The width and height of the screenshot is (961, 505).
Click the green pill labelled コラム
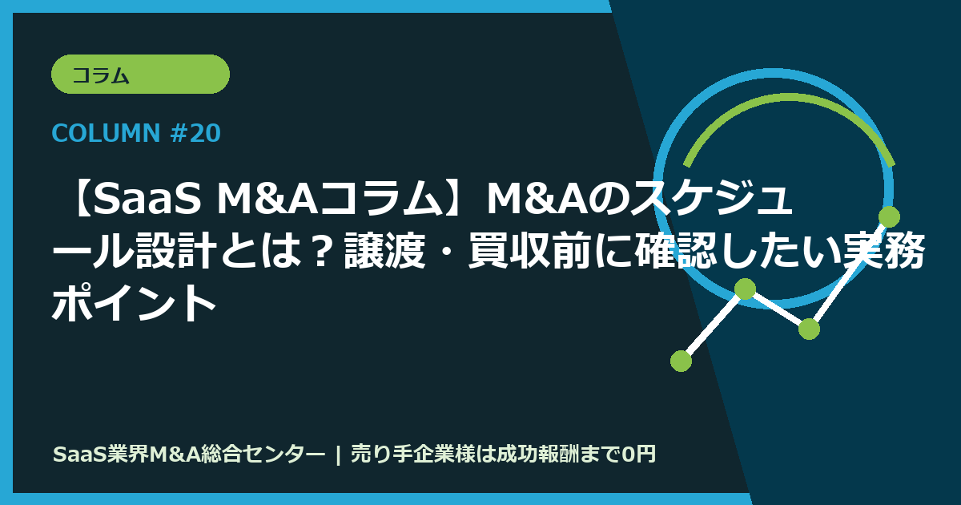pos(140,75)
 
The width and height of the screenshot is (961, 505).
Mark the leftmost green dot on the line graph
pos(681,361)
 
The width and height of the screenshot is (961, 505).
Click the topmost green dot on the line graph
pos(889,216)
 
